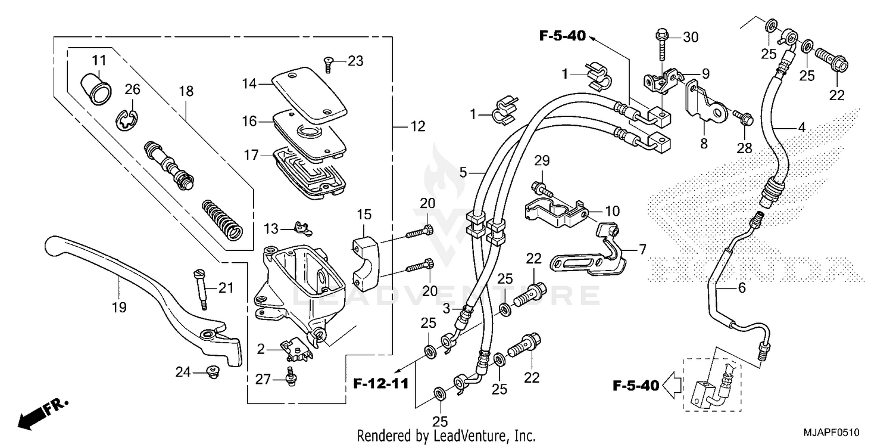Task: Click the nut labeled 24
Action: click(211, 372)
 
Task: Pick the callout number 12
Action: click(418, 126)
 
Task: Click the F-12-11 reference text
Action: click(379, 383)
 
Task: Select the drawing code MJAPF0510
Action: click(832, 432)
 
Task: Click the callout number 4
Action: click(801, 127)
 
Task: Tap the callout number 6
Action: click(741, 288)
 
